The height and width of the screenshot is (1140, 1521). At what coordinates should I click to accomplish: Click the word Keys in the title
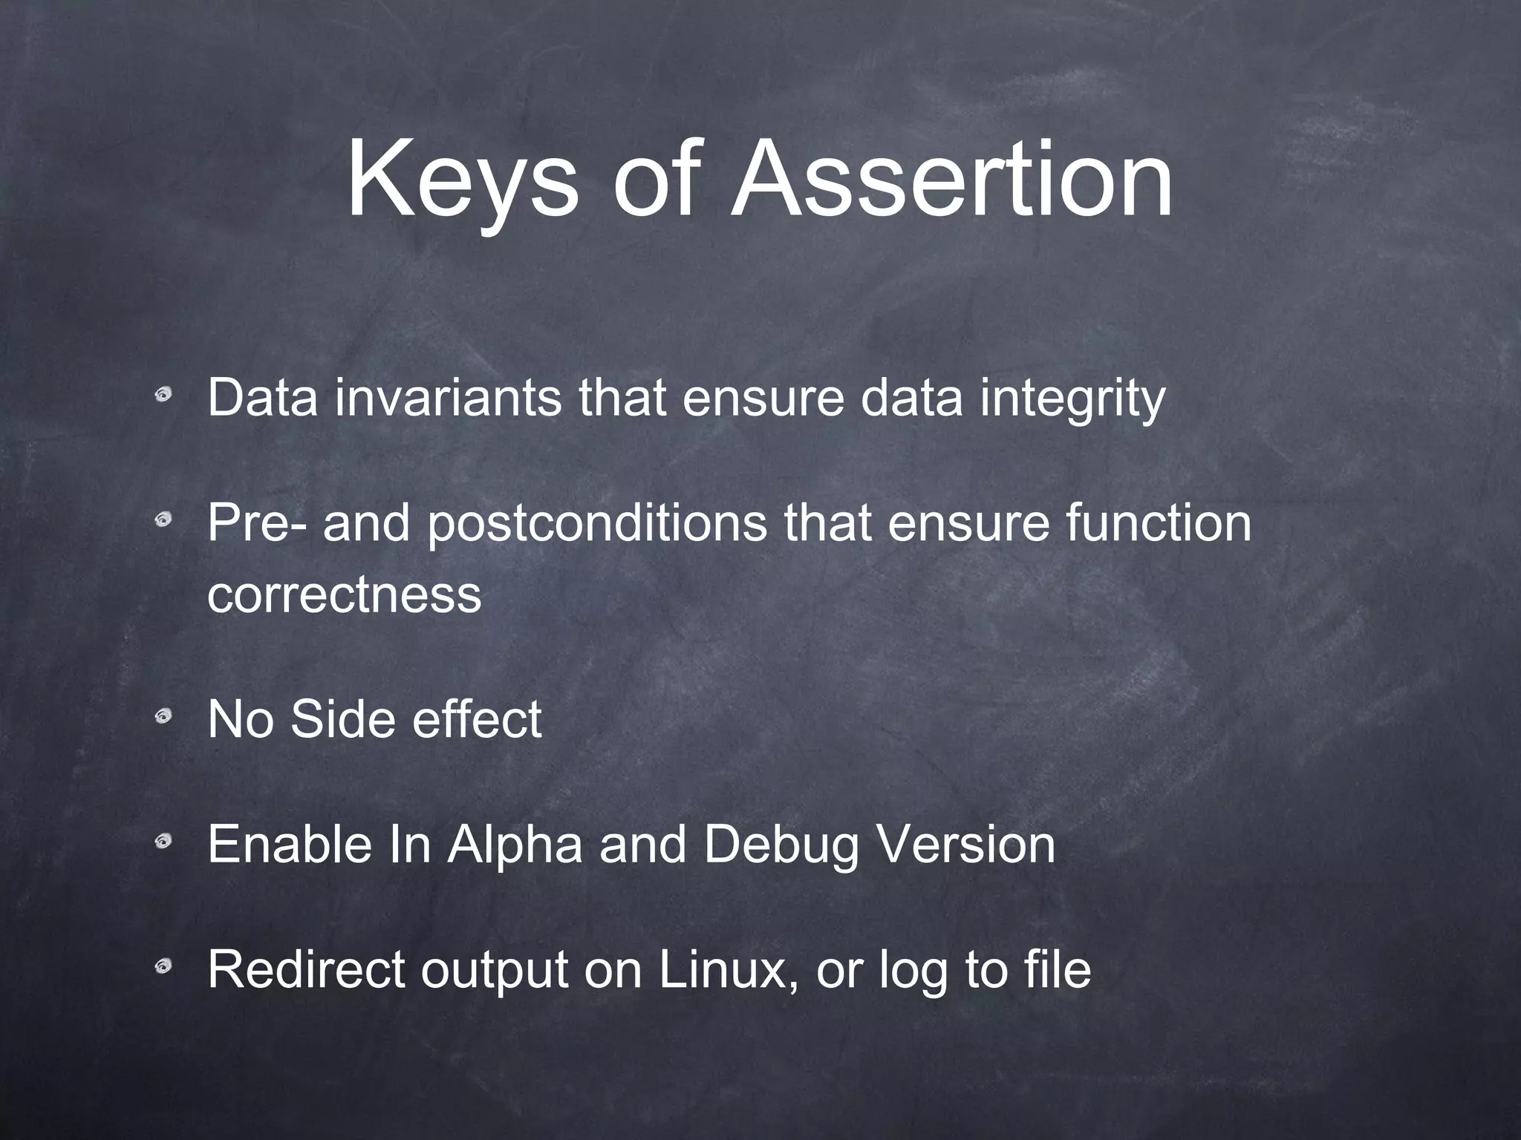[460, 183]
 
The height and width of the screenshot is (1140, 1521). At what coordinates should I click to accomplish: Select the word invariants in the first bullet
[449, 398]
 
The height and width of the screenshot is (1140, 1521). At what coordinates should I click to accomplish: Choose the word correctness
[345, 594]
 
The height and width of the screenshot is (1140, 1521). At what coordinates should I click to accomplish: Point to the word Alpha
[515, 846]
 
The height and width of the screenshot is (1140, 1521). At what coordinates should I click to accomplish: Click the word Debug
[781, 846]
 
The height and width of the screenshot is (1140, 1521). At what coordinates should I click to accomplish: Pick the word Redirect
[306, 969]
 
